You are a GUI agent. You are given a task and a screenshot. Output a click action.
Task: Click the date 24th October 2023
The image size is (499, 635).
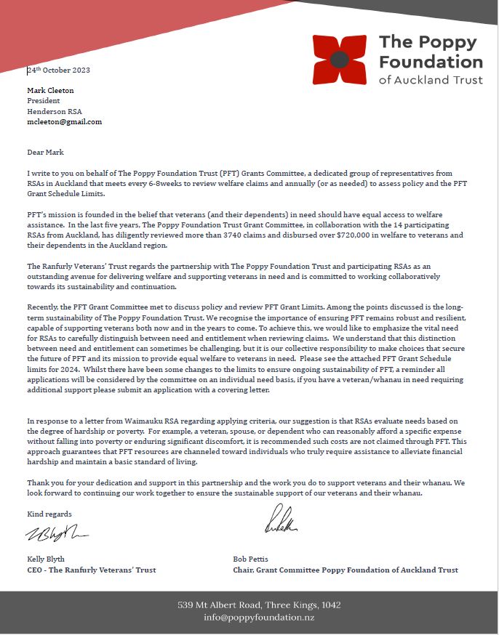58,70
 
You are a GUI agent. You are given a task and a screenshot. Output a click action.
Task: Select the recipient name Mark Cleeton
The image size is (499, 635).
50,91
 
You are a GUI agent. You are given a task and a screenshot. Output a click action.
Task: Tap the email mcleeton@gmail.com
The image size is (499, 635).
64,122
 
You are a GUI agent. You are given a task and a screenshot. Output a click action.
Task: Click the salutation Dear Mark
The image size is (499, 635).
45,153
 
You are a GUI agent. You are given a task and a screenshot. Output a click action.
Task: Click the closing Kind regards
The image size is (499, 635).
49,514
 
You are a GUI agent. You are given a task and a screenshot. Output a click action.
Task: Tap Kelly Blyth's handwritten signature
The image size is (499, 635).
57,535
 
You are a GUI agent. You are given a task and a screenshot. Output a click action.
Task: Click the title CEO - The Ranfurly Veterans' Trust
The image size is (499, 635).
91,570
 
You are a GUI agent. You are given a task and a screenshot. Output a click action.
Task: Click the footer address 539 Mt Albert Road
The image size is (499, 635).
258,605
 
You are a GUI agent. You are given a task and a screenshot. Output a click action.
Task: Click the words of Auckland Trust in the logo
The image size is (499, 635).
431,80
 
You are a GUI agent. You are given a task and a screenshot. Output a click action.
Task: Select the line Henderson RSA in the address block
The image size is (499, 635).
55,111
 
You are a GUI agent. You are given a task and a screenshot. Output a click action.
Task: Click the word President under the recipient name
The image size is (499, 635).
44,101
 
